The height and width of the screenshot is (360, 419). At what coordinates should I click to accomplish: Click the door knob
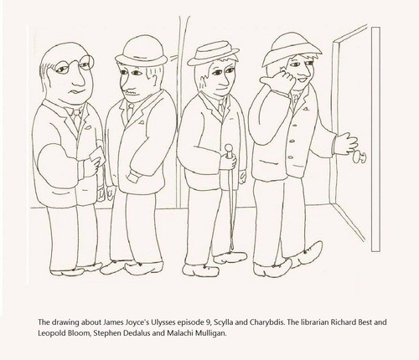pyautogui.click(x=360, y=157)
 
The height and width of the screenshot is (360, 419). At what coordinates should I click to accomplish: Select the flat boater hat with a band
pyautogui.click(x=213, y=53)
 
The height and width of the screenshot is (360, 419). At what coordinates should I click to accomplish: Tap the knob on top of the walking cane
pyautogui.click(x=229, y=148)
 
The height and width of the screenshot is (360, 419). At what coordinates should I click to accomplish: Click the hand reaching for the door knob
pyautogui.click(x=347, y=142)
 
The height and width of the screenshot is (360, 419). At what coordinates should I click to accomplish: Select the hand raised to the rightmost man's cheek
pyautogui.click(x=278, y=80)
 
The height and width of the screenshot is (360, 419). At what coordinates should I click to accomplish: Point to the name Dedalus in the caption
pyautogui.click(x=139, y=333)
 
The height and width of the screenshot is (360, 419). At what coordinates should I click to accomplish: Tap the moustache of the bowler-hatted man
pyautogui.click(x=132, y=91)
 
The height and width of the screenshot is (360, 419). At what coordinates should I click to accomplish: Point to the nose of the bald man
pyautogui.click(x=79, y=78)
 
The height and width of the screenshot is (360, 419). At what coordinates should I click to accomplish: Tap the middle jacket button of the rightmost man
pyautogui.click(x=292, y=141)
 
